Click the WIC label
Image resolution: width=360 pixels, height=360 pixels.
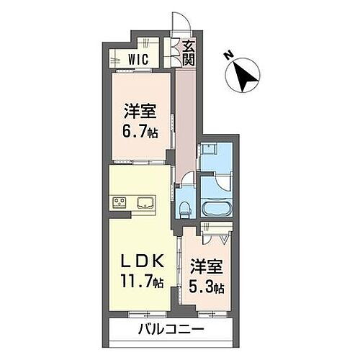139,60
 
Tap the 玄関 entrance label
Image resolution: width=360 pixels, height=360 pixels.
188,53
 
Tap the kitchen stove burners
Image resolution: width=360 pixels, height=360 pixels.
119,202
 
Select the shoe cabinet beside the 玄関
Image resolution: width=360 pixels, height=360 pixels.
173,52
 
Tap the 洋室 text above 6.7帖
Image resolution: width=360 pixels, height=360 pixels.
140,113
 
